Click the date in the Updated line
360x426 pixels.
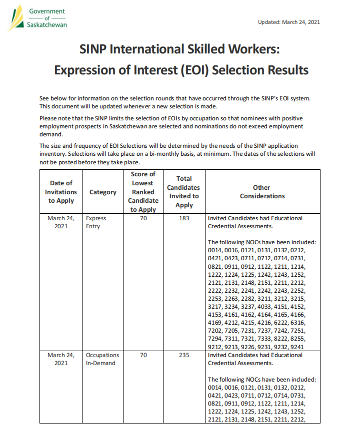[301, 22]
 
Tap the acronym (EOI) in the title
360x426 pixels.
[192, 69]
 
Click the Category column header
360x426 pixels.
[102, 192]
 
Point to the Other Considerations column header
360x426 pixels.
[262, 192]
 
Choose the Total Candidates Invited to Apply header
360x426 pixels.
[184, 192]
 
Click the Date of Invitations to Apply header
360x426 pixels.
[61, 192]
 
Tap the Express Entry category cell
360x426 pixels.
[96, 222]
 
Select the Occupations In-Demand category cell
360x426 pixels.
[102, 359]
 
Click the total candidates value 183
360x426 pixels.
[184, 218]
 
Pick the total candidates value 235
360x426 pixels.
[184, 355]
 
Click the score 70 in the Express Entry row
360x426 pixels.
[143, 218]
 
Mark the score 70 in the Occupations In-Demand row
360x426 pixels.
[143, 355]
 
